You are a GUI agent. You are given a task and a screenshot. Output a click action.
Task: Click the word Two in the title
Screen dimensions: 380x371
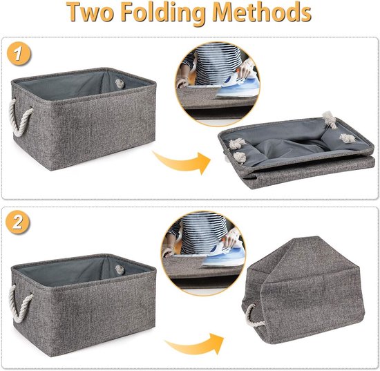pos(90,12)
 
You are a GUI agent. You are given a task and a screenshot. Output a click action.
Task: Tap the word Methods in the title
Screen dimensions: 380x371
pos(262,12)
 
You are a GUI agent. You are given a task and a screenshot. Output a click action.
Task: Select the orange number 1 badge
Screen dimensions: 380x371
pos(19,53)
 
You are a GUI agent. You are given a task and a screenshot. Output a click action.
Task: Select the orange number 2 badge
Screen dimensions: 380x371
pos(18,222)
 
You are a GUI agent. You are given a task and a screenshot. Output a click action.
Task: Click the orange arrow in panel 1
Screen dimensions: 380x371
pos(182,161)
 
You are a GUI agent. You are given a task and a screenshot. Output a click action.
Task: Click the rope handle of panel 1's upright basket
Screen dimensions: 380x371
pos(20,117)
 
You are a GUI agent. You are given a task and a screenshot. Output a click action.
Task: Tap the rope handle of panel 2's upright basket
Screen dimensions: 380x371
pos(20,304)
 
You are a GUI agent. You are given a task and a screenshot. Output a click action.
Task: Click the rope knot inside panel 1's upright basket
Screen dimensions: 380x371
pos(120,84)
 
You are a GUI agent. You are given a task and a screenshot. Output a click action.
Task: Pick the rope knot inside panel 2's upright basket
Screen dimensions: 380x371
pos(120,269)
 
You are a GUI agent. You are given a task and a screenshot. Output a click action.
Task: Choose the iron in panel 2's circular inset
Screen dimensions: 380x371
pos(223,254)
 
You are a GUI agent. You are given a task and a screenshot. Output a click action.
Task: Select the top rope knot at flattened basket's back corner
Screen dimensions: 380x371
pos(330,120)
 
